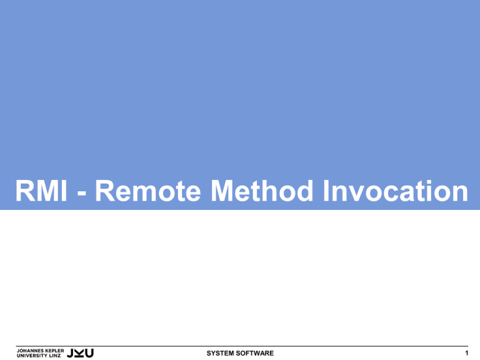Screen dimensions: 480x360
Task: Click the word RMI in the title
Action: point(41,191)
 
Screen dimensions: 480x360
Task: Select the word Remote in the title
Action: point(148,191)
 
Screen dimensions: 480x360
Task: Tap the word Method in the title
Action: point(262,191)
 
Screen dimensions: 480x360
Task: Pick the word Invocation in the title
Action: point(396,191)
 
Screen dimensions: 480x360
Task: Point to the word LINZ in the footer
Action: point(55,356)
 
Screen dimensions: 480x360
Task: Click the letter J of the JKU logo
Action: point(70,353)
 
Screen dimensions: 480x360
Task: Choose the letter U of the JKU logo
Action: point(89,353)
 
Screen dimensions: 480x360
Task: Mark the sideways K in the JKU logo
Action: point(79,353)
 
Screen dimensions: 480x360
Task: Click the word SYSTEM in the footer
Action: point(219,353)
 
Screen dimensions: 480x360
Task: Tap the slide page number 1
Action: point(466,353)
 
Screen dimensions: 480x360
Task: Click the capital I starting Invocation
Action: point(326,191)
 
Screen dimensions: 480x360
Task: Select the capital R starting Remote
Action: point(105,191)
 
